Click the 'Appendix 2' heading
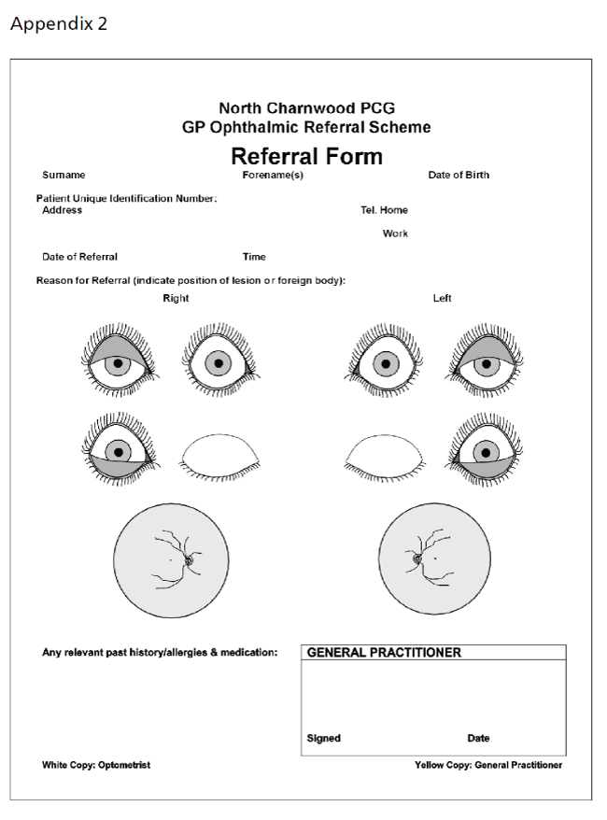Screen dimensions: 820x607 [58, 24]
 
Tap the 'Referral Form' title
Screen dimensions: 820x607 [306, 156]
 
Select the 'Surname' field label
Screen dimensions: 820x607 [64, 175]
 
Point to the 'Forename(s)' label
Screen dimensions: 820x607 [273, 175]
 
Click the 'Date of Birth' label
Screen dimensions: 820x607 [459, 175]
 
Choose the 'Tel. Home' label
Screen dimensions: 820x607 [384, 210]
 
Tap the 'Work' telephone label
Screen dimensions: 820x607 [395, 233]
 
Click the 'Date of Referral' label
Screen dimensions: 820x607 [80, 257]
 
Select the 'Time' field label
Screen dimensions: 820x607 [254, 257]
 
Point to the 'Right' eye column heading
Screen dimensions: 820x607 [176, 299]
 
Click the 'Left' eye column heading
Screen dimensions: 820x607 [442, 299]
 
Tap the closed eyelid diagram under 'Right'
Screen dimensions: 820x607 [219, 455]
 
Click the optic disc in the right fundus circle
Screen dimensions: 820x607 [190, 561]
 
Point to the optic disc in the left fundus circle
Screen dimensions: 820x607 [418, 560]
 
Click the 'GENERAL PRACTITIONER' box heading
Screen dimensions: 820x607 [384, 653]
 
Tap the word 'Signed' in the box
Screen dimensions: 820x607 [324, 738]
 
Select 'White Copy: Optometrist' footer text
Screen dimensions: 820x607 [96, 766]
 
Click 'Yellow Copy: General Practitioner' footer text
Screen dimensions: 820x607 [488, 766]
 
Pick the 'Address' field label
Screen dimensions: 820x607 [62, 210]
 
